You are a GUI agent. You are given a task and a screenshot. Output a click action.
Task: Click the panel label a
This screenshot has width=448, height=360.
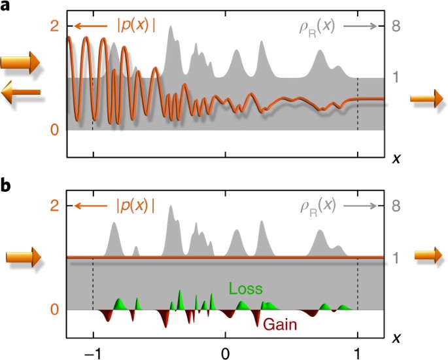6,7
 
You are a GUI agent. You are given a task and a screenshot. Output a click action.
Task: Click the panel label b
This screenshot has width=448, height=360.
6,185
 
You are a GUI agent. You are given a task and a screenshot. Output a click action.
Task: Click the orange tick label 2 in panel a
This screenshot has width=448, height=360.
55,27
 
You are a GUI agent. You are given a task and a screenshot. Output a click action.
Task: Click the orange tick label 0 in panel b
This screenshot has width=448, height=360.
55,310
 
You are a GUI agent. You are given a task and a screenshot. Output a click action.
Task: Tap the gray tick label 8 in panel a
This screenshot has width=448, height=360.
396,27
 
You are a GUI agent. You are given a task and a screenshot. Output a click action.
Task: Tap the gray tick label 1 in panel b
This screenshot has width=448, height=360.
396,258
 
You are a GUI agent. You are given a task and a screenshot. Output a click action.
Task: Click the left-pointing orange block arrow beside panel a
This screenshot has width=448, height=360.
21,95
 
